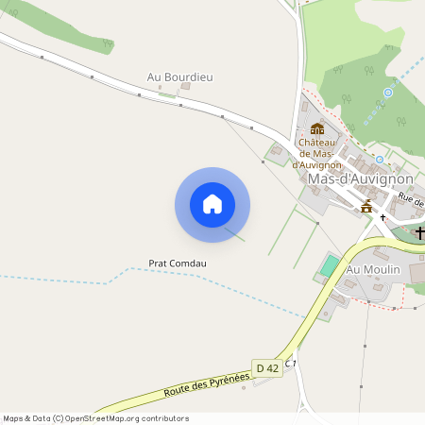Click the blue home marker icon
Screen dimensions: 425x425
[212, 204]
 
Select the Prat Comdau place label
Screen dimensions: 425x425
[177, 263]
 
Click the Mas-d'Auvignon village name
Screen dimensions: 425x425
[360, 178]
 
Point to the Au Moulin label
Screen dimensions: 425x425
[374, 270]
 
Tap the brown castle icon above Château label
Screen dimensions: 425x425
[317, 128]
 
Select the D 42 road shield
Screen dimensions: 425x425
[267, 367]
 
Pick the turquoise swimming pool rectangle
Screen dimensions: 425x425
[328, 265]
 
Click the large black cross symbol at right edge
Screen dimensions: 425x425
[419, 232]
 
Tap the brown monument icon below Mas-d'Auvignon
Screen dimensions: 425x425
[366, 205]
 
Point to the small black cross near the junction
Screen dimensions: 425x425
[383, 217]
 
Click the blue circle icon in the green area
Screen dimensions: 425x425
[387, 93]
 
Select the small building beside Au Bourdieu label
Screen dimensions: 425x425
[186, 86]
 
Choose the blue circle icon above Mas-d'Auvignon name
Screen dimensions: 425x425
[380, 160]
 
